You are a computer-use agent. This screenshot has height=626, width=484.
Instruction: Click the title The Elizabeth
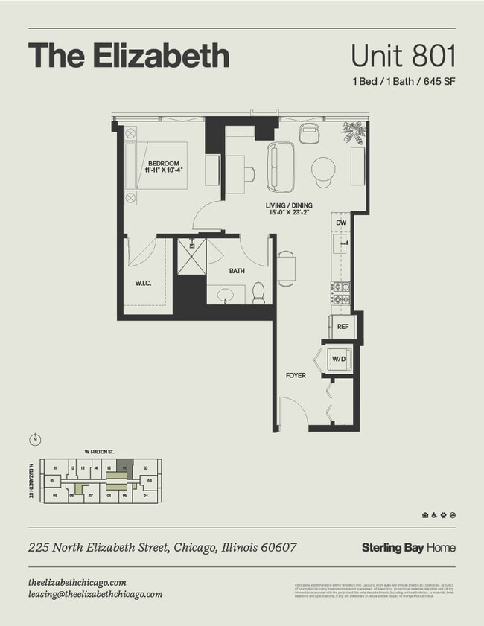click(x=128, y=56)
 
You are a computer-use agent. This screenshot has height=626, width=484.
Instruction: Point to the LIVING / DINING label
click(x=289, y=209)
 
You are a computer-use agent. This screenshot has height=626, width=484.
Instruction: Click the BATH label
click(x=237, y=271)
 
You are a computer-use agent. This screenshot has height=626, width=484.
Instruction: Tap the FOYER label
click(x=296, y=375)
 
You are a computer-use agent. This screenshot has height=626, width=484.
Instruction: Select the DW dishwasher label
click(x=340, y=223)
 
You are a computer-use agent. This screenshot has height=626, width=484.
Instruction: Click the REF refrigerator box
click(x=342, y=326)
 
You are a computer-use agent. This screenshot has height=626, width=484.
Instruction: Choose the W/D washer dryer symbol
click(x=337, y=360)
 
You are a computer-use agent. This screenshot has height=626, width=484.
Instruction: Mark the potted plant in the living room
click(x=354, y=132)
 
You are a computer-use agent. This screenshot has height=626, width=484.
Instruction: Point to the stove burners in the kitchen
click(x=340, y=292)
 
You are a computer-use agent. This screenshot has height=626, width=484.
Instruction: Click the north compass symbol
click(x=35, y=439)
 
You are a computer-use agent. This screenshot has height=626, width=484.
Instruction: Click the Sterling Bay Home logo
click(x=408, y=548)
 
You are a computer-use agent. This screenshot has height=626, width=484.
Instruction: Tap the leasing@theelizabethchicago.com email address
click(x=95, y=594)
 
